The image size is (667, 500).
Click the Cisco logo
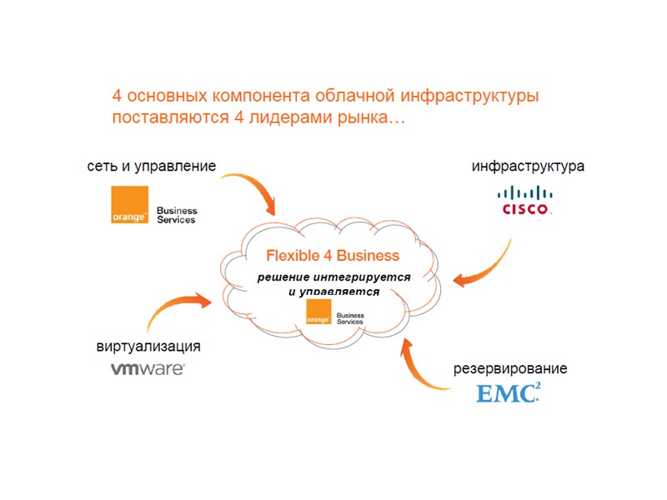coord(524,200)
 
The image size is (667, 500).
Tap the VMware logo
coord(148,367)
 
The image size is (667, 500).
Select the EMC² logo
coord(508,392)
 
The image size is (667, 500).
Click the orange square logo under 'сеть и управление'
coord(129,205)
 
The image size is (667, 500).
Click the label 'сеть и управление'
coord(152,166)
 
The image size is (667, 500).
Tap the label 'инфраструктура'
coord(528,166)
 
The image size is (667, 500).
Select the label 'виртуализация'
coord(148,347)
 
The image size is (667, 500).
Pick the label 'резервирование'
coord(510,367)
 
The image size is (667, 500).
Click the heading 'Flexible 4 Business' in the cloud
coord(333,255)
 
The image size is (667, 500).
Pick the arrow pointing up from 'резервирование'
coord(421,367)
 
